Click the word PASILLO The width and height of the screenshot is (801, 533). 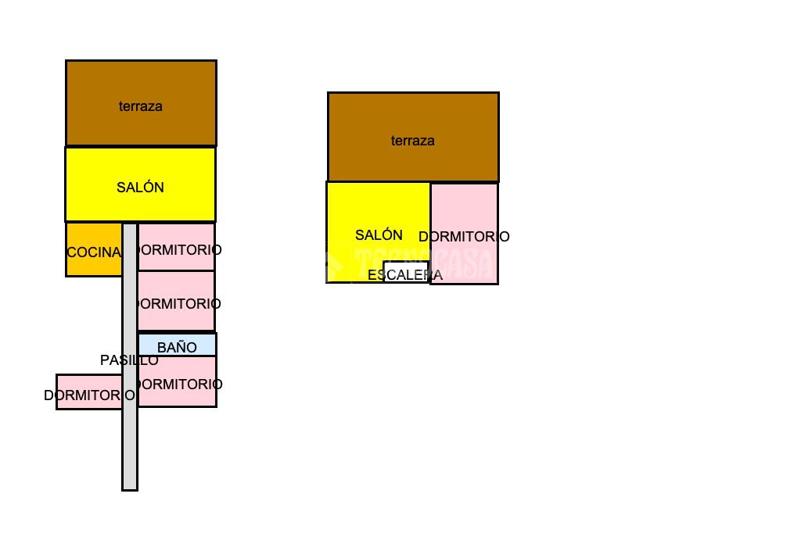(x=129, y=360)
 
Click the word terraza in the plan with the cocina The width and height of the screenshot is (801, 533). (x=141, y=106)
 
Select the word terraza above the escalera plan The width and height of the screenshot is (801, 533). (x=413, y=141)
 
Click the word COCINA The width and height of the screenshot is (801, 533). (x=94, y=252)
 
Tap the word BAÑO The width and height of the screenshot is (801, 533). (x=177, y=348)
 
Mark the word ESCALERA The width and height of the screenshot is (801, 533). (x=405, y=275)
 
